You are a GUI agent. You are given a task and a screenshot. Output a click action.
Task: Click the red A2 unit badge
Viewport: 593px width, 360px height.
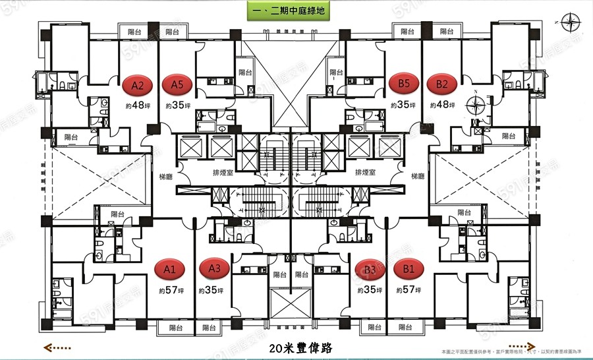point(138,85)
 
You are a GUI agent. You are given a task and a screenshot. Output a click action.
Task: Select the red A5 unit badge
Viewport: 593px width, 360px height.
point(177,85)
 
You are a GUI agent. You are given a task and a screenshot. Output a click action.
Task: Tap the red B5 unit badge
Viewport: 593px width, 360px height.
point(403,84)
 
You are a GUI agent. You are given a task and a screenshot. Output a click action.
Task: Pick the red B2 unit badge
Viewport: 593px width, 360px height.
point(441,84)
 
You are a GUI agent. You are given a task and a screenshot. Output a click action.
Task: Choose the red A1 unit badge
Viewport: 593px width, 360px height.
point(169,269)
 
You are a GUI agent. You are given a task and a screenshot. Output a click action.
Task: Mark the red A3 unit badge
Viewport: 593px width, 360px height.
point(214,269)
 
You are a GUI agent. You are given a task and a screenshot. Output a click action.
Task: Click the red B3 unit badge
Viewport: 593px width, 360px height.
point(369,269)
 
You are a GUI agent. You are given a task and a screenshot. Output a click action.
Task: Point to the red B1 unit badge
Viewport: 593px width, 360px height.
point(409,269)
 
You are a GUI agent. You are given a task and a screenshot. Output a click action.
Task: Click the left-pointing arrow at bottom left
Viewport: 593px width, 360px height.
point(58,347)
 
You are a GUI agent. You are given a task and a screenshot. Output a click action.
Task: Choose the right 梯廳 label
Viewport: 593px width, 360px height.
point(418,176)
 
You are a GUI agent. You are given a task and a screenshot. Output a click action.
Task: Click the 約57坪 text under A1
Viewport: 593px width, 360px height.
point(169,291)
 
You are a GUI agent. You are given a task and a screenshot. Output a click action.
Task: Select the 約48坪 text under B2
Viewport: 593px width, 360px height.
point(441,105)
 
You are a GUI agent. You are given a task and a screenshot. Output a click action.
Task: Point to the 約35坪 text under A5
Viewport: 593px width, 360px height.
point(178,105)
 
